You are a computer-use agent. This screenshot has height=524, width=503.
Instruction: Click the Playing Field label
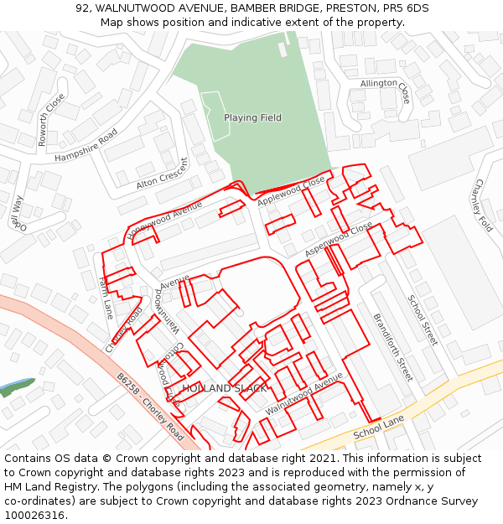[x=252, y=118]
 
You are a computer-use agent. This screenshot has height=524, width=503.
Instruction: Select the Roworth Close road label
[x=51, y=120]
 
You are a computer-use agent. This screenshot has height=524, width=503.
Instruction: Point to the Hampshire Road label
[x=86, y=146]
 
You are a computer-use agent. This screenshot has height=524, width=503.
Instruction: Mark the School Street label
[x=423, y=319]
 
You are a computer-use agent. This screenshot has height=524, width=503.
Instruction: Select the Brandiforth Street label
[x=392, y=347]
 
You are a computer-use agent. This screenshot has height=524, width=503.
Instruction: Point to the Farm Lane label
[x=106, y=298]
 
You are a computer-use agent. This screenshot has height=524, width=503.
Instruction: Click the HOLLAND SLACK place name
[x=224, y=389]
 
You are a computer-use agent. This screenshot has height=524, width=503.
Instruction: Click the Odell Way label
[x=17, y=214]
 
